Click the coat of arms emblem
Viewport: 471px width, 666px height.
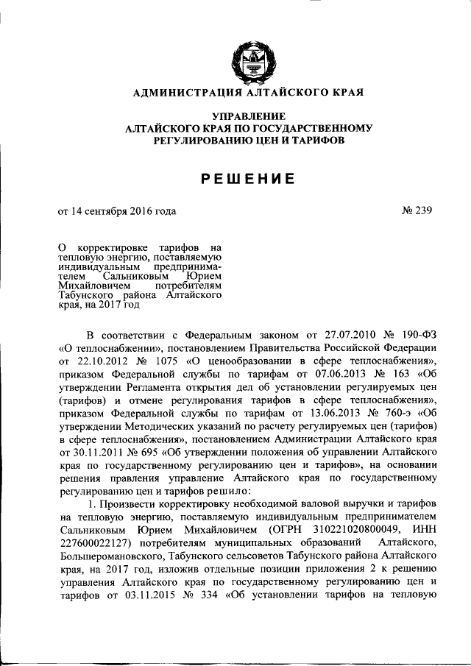point(247,60)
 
